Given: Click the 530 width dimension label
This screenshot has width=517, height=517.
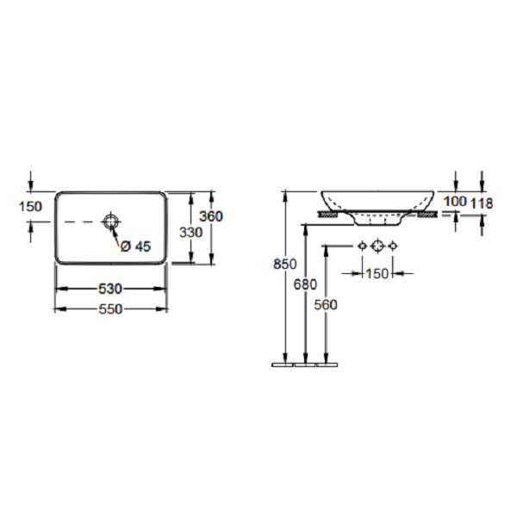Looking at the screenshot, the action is (110, 289).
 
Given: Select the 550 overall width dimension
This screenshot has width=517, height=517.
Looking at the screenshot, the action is (110, 309).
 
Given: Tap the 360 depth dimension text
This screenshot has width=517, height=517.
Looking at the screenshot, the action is (211, 216).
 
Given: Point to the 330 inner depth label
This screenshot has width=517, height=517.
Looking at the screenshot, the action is (190, 233).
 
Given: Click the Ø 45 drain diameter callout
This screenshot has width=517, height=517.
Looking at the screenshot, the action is (135, 246).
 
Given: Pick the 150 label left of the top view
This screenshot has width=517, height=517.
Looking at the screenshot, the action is (30, 207).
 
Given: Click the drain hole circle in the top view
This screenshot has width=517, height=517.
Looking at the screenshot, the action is (110, 221).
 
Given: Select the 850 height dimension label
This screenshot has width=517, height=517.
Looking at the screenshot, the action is (285, 265).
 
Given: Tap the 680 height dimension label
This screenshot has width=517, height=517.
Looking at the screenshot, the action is (305, 284).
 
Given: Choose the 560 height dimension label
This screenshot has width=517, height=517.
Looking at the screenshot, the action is (326, 305).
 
